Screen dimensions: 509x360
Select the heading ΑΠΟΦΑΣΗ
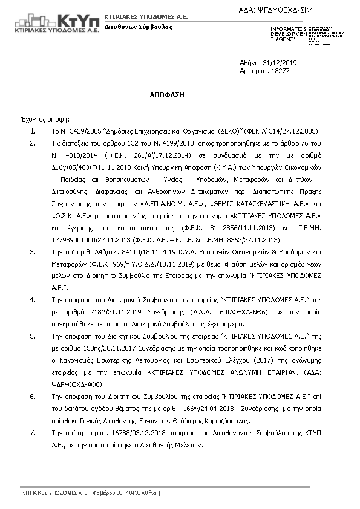point(168,96)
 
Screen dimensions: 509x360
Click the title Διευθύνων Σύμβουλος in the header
point(138,27)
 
